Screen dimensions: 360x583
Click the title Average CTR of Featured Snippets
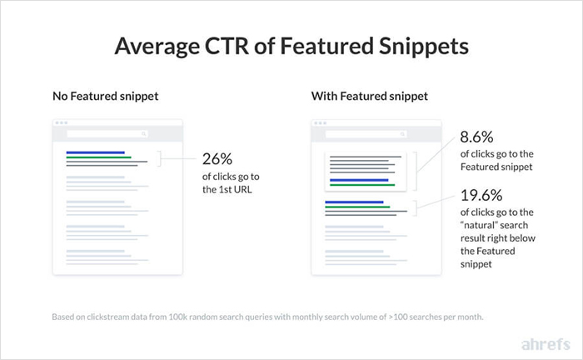[x=291, y=47]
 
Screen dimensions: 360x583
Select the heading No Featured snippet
[x=105, y=97]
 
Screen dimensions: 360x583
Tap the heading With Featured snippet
[x=370, y=97]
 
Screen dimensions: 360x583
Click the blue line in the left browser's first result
[x=95, y=152]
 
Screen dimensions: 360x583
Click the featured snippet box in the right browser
[x=365, y=171]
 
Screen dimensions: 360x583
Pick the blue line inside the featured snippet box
[x=359, y=179]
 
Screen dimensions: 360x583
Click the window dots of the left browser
[x=60, y=122]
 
